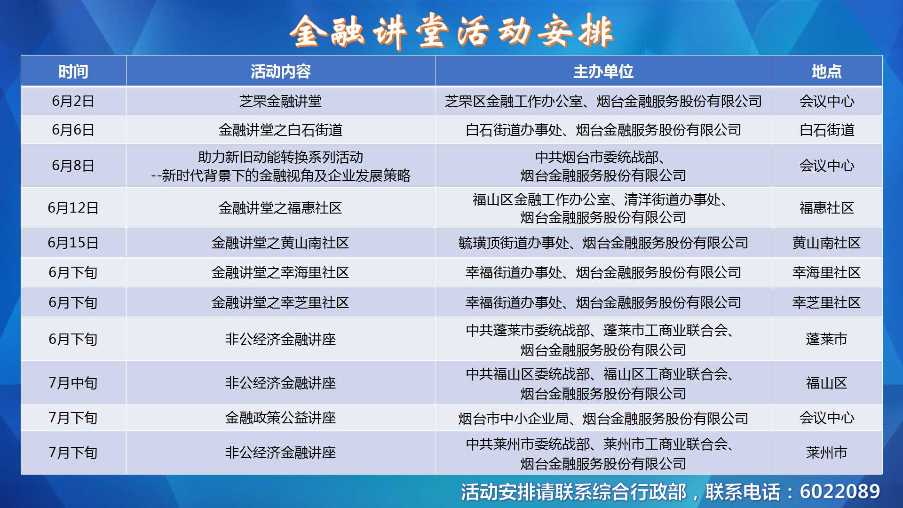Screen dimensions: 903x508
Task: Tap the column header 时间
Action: (x=73, y=71)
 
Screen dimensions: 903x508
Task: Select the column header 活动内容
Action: (x=281, y=71)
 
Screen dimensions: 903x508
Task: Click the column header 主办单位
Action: (x=603, y=71)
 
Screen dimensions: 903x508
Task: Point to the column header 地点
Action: (x=827, y=71)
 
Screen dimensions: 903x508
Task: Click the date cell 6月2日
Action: (x=73, y=101)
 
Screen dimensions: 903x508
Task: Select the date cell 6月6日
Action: (x=73, y=130)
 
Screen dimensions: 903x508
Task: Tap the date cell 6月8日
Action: (x=73, y=166)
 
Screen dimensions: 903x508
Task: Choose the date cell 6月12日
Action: (x=73, y=208)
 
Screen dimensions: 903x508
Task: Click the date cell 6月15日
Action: (x=73, y=243)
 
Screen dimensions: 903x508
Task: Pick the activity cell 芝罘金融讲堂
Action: (x=281, y=101)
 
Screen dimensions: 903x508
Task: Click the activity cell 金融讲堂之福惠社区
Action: (x=281, y=208)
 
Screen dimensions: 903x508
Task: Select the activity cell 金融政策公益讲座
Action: (x=281, y=418)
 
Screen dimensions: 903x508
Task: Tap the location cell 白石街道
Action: (x=827, y=130)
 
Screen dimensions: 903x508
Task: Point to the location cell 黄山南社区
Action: (x=827, y=243)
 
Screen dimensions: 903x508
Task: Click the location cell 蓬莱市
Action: (x=827, y=339)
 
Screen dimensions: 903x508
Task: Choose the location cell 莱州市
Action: (x=827, y=452)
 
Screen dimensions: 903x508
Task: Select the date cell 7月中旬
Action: (x=73, y=383)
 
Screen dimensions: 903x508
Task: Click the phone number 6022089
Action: (x=840, y=492)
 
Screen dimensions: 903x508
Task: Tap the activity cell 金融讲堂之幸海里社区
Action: (x=281, y=272)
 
